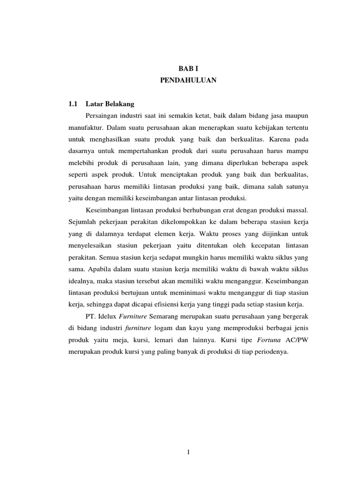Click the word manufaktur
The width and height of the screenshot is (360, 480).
(86, 127)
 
